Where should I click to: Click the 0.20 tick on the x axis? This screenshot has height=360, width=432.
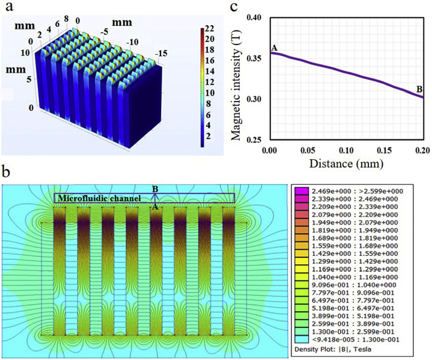(x=423, y=150)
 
